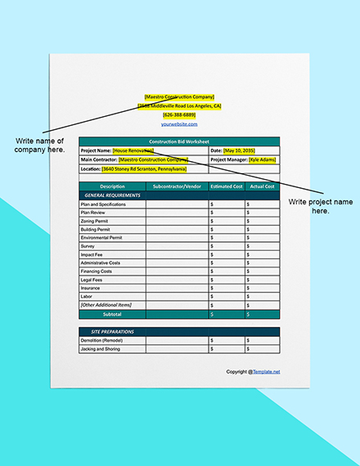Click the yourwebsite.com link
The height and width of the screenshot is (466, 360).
click(179, 123)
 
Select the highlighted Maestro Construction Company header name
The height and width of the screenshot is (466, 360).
click(179, 96)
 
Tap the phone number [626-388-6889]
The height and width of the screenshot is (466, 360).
click(179, 114)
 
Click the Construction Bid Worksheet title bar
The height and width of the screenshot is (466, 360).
click(179, 141)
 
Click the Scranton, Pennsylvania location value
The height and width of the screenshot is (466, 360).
click(144, 169)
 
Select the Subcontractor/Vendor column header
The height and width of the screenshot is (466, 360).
click(177, 186)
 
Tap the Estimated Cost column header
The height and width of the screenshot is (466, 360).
click(227, 186)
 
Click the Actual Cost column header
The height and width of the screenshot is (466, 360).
click(262, 186)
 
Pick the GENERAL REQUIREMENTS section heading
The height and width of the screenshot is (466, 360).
click(112, 195)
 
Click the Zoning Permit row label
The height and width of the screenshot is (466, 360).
click(96, 221)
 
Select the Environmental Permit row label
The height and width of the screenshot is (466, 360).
click(101, 237)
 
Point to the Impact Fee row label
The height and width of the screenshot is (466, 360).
click(92, 254)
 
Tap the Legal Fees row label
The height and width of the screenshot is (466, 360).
click(92, 280)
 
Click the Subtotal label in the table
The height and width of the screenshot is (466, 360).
click(112, 313)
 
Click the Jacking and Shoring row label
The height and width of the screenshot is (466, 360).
click(101, 348)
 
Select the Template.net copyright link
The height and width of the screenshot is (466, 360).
click(265, 371)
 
